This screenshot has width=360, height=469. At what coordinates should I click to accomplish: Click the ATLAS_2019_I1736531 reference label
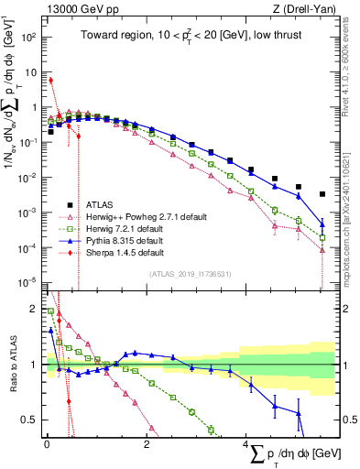tap(189, 274)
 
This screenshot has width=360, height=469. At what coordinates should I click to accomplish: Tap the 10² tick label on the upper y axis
tap(27, 38)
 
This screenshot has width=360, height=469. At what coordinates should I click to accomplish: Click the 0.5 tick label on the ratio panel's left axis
tap(27, 420)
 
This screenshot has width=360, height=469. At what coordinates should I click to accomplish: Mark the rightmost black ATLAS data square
tap(322, 194)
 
